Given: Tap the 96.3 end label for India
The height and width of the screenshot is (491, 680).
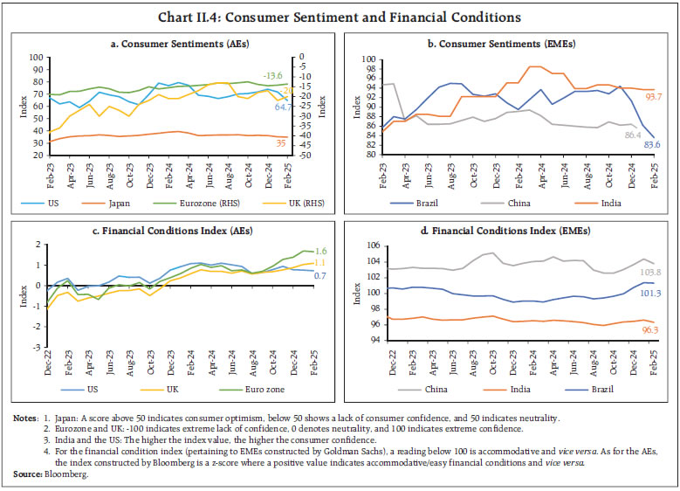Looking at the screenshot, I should tap(651, 330).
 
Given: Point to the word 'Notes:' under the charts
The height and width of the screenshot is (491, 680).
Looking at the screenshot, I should tap(25, 418).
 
